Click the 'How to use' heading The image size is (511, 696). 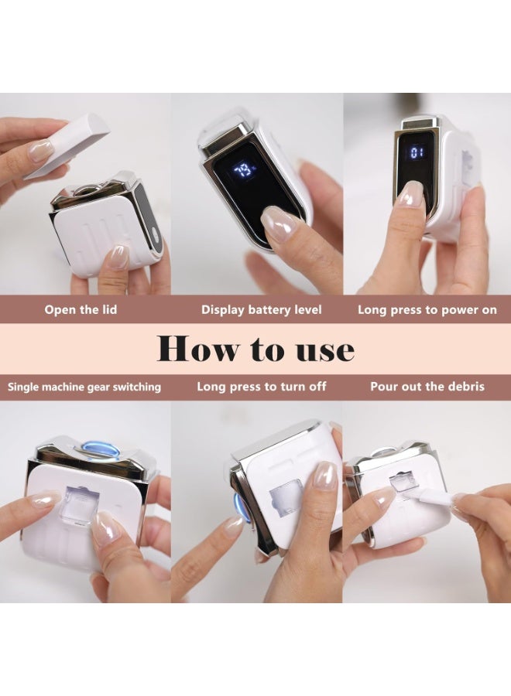click(x=256, y=349)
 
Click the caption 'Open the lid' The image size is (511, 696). click(x=81, y=309)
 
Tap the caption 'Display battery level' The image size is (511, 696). click(x=261, y=309)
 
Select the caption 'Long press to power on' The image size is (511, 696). click(x=427, y=309)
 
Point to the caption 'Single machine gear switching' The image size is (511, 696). click(x=84, y=387)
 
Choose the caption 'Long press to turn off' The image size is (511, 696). click(x=262, y=387)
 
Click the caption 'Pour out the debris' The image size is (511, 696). click(x=427, y=386)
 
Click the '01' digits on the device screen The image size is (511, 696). click(x=417, y=154)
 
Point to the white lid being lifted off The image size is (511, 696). click(x=67, y=145)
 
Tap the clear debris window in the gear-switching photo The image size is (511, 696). click(x=79, y=506)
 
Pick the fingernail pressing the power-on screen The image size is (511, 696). click(x=410, y=194)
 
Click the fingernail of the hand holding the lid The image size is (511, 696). click(x=40, y=150)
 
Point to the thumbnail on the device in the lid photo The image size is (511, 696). click(x=118, y=258)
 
